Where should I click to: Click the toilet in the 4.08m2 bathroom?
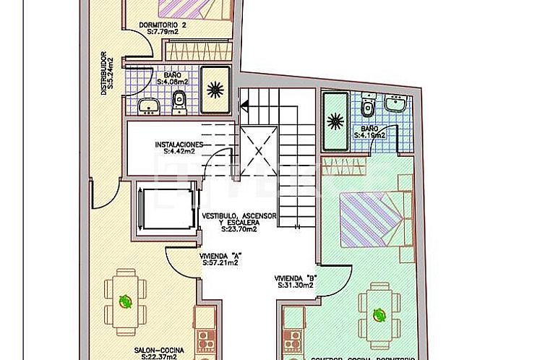[x=180, y=103]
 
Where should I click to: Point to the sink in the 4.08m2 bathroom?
[x=150, y=106]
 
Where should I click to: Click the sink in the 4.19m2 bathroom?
[x=395, y=106]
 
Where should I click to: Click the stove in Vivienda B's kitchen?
[x=293, y=340]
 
